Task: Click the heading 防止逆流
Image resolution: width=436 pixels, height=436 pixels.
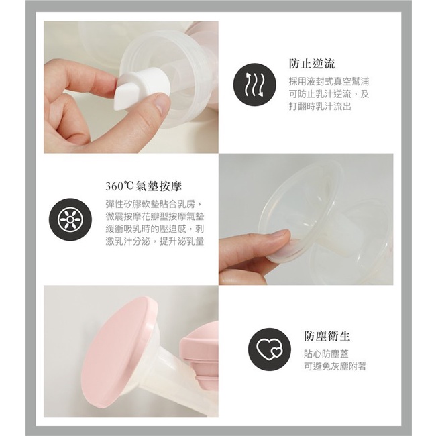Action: pos(312,64)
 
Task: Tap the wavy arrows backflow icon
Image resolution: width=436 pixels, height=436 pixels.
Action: pos(255,85)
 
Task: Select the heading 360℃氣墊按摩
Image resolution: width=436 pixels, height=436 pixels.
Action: pos(144,186)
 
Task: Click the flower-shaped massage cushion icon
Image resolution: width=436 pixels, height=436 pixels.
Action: pos(70,219)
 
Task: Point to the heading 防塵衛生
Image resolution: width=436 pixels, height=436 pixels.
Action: pos(327,336)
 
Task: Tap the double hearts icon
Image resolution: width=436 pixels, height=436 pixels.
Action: pos(270,349)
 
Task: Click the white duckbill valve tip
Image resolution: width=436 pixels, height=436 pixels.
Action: pos(122,92)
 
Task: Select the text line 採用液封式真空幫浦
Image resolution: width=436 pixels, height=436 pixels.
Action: pos(329,81)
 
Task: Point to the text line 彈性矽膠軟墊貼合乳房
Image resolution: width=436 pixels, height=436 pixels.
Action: pos(154,205)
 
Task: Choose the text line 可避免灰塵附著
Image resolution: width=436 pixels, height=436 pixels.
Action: pos(335,366)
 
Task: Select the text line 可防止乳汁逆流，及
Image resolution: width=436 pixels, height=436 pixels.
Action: pos(329,94)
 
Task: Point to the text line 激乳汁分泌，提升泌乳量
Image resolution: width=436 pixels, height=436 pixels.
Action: pos(155,241)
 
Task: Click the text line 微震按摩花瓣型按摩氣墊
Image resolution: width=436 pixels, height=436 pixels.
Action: pos(155,217)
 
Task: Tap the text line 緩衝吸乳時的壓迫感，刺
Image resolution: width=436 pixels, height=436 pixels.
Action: pos(155,229)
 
